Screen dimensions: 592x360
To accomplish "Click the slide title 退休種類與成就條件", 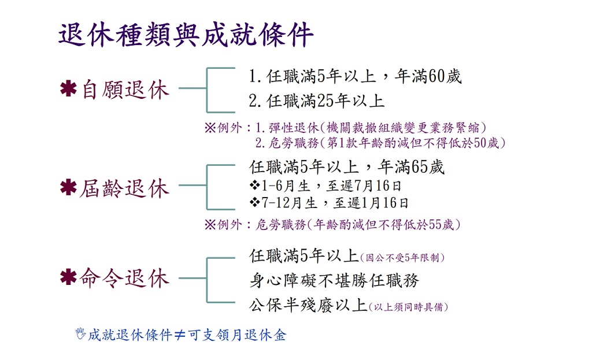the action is (x=186, y=35).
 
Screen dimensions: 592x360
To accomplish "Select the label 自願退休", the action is (x=125, y=90).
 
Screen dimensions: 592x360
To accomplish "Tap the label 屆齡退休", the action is (x=124, y=188).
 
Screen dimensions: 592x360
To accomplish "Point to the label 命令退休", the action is (x=124, y=278).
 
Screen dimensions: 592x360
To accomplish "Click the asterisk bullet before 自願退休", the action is (x=68, y=89).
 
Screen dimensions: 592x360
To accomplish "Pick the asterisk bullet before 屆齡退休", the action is (x=68, y=187).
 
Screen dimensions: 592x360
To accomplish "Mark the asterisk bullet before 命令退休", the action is (x=68, y=277).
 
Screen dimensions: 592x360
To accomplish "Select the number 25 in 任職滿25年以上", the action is (x=325, y=101).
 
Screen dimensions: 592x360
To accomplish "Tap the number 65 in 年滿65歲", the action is (x=420, y=167).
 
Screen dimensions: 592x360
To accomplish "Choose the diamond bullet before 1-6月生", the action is (x=254, y=185).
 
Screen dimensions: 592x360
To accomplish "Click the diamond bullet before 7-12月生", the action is (x=254, y=203).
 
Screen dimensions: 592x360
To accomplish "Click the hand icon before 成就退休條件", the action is (x=80, y=333).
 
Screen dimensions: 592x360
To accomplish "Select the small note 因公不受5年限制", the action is (x=402, y=258).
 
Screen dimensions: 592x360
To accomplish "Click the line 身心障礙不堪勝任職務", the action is (x=334, y=280).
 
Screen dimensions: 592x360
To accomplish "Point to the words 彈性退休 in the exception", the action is (x=294, y=128).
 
